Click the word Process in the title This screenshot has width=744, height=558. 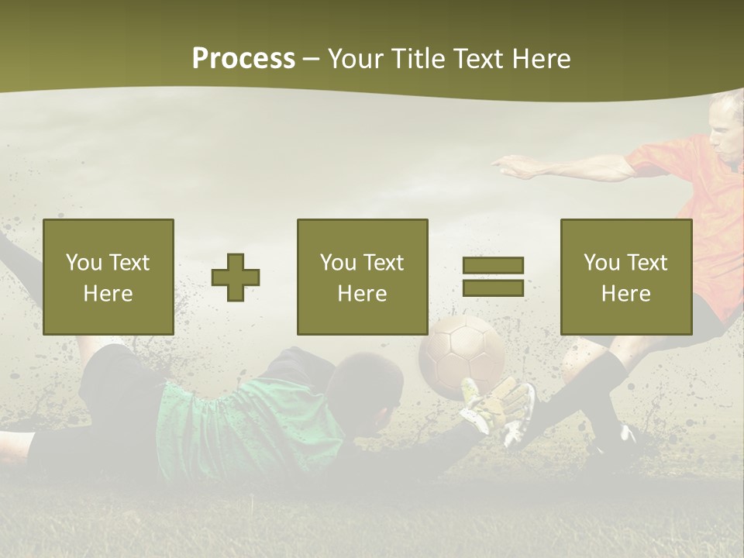coord(243,59)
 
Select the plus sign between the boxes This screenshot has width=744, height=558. coord(236,277)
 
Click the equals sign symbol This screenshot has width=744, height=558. coord(493,277)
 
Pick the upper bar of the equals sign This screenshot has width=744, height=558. coord(493,266)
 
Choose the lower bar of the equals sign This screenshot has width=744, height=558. coord(493,288)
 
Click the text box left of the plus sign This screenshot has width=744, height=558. coord(108,277)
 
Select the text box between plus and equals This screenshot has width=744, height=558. coord(363,277)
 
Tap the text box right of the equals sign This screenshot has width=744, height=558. coord(626,277)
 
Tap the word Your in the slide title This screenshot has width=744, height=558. coord(356,59)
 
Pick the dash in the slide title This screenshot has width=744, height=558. coord(312,60)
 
